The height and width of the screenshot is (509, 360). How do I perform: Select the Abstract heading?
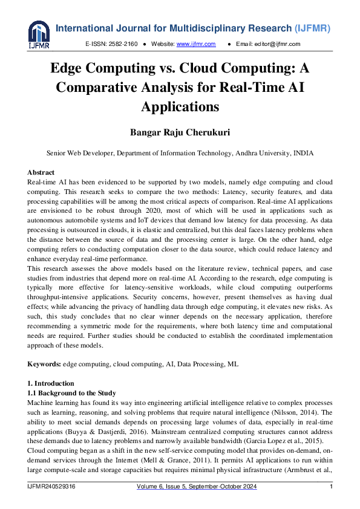click(41, 172)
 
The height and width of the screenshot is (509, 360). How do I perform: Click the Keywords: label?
click(44, 365)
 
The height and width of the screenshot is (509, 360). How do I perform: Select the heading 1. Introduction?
click(51, 383)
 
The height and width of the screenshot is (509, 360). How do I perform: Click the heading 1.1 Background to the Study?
click(71, 393)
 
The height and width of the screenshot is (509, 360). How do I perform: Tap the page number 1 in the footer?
click(331, 487)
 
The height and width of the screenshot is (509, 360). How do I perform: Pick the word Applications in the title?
click(180, 106)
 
